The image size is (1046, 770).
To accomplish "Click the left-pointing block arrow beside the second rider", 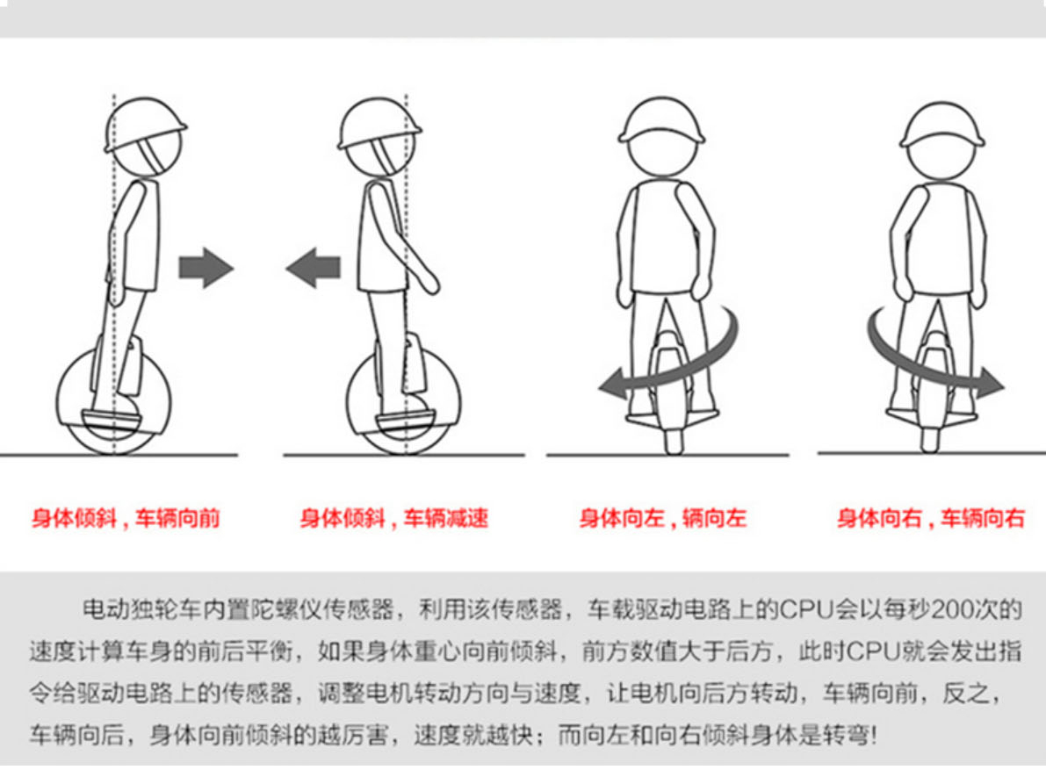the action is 313,267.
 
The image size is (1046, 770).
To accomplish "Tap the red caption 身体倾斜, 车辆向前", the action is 126,518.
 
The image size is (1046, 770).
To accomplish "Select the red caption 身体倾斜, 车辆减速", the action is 393,518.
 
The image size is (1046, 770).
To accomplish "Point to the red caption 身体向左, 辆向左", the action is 662,518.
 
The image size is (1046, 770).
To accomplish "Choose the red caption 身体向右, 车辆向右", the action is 931,518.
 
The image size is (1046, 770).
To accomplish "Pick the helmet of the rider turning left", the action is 661,120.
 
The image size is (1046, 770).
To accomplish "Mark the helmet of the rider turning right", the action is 942,125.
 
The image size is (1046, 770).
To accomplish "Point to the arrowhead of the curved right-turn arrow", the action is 992,385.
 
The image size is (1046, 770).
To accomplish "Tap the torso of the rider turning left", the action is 664,237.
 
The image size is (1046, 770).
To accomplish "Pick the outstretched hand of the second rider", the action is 430,284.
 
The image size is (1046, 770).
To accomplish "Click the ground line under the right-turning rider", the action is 931,453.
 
